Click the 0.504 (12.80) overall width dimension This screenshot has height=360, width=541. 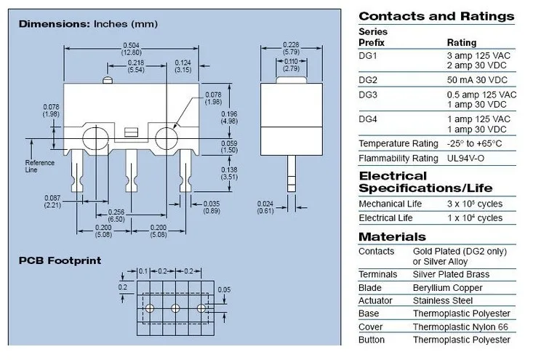pos(132,49)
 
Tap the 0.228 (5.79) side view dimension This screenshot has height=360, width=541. pos(291,48)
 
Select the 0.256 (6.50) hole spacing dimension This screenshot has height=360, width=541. pos(116,216)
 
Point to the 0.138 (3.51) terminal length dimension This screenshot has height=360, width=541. pos(229,173)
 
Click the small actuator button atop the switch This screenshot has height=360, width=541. pos(108,80)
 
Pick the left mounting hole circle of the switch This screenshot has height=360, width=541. pos(95,138)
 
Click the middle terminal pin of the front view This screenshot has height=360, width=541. pos(131,170)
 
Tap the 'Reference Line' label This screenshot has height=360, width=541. pos(40,166)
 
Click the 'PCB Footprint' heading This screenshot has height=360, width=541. pos(60,260)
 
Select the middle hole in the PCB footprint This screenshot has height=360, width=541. pos(175,308)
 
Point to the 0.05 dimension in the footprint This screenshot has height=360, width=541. pos(224,289)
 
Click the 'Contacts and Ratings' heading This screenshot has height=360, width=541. pos(436,16)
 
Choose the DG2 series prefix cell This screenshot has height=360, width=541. pos(368,80)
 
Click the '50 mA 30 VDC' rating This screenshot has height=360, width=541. pos(477,80)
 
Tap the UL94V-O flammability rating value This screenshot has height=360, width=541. pos(466,159)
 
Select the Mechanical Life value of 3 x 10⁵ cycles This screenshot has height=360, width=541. pos(475,204)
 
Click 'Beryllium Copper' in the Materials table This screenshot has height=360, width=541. pos(447,287)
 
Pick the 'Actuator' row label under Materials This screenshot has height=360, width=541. pos(375,300)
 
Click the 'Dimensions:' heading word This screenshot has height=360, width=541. pos(55,24)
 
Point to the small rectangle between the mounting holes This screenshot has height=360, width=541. pos(131,132)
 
